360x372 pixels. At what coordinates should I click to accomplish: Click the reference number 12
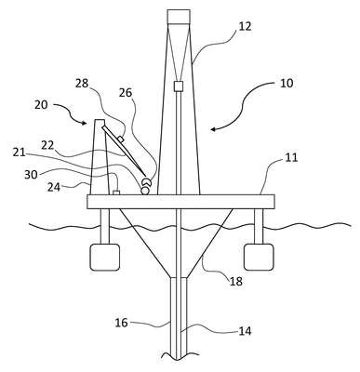click(x=245, y=26)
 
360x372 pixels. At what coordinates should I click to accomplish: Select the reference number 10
click(x=287, y=83)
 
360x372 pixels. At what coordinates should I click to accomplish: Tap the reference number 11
click(x=291, y=157)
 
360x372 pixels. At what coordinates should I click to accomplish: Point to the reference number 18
click(x=236, y=281)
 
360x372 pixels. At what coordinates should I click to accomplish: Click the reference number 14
click(x=245, y=331)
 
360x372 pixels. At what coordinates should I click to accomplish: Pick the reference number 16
click(x=121, y=323)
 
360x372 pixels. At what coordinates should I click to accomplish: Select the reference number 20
click(x=41, y=104)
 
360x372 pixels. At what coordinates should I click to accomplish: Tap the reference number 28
click(x=82, y=84)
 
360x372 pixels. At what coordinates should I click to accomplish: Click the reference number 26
click(x=126, y=92)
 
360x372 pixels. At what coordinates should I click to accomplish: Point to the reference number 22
click(x=47, y=145)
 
